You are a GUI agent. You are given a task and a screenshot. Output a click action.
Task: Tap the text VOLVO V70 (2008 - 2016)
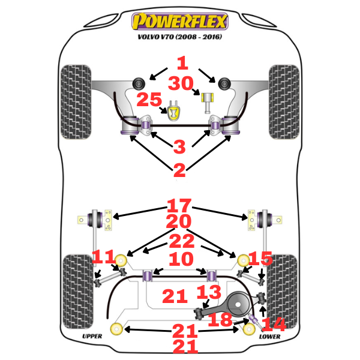coord(180,43)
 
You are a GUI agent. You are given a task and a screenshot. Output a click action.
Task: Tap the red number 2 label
coord(179,170)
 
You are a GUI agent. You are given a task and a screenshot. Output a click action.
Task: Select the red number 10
coord(180,260)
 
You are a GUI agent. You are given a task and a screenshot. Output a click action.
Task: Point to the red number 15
coord(260,259)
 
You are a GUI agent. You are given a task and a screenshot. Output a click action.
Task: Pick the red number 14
coord(273,324)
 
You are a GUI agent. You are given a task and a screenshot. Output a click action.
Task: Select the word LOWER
coord(269,336)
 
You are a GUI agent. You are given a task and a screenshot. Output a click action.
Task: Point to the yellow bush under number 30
coord(211,98)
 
